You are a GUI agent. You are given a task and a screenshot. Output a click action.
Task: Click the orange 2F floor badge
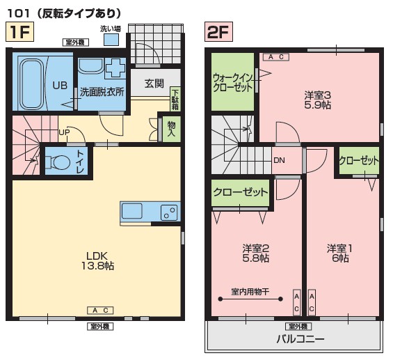pyautogui.click(x=218, y=31)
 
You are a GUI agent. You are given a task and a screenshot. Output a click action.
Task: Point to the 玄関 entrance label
pyautogui.click(x=154, y=84)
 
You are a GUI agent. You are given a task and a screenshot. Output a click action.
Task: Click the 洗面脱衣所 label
pyautogui.click(x=102, y=91)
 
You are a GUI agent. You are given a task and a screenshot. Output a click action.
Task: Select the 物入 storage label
pyautogui.click(x=170, y=129)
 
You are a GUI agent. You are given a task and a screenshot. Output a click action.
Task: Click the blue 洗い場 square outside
pyautogui.click(x=110, y=40)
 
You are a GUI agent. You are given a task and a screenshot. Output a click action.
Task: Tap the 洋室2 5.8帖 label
pyautogui.click(x=255, y=253)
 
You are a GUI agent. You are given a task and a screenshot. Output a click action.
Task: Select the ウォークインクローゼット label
pyautogui.click(x=233, y=83)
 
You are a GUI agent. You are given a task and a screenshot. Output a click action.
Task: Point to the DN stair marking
pyautogui.click(x=279, y=160)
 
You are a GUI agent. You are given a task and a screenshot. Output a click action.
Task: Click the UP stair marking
pyautogui.click(x=63, y=132)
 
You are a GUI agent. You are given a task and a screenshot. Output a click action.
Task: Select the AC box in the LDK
pyautogui.click(x=99, y=309)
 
